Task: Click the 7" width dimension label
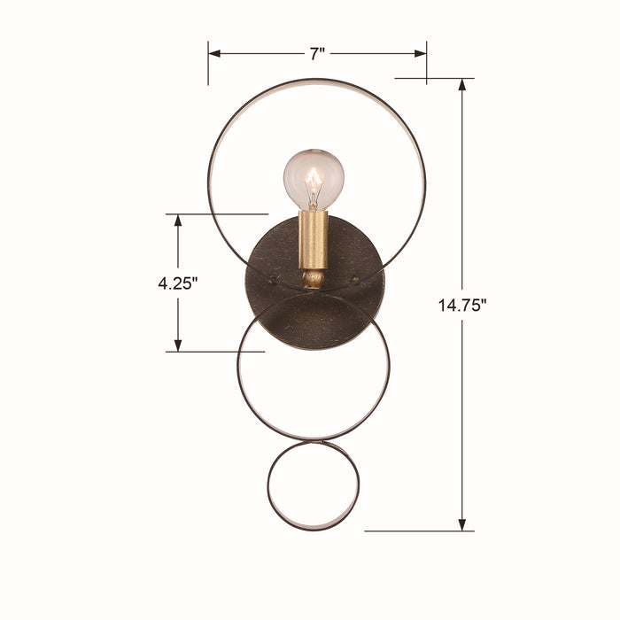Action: [x=317, y=53]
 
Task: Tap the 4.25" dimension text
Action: [x=177, y=283]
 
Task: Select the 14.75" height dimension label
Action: [x=462, y=306]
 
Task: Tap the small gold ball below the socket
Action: [x=313, y=280]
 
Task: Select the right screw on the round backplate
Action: [x=354, y=281]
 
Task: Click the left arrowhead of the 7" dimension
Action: [x=215, y=53]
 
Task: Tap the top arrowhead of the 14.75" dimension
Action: [x=462, y=85]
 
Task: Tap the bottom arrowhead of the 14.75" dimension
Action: [x=462, y=524]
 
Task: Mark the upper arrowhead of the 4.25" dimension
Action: [x=178, y=221]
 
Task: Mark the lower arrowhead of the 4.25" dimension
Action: [x=178, y=345]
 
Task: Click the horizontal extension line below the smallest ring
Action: [x=416, y=531]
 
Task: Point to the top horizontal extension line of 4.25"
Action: [x=217, y=213]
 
